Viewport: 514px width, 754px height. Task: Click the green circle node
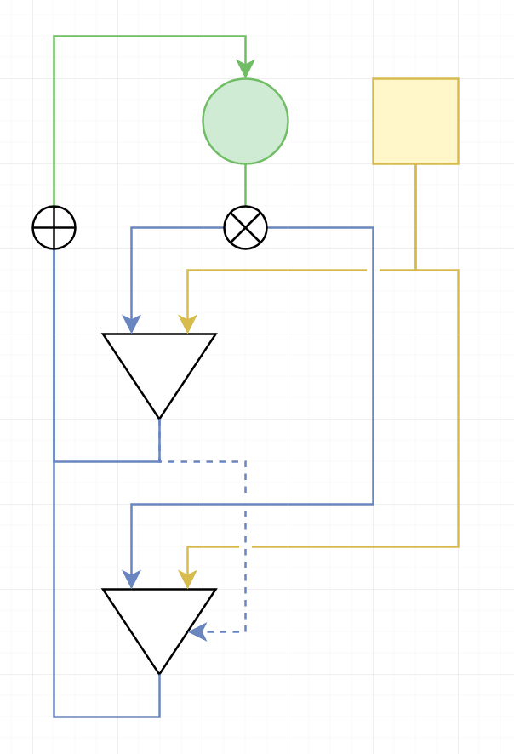tap(245, 121)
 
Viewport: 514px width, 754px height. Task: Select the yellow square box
tap(415, 121)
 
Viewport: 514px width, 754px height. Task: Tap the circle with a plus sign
tap(54, 228)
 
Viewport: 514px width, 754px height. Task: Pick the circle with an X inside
tap(245, 228)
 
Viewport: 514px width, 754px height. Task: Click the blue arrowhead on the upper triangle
tap(131, 324)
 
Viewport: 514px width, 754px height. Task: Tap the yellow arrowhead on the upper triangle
tap(187, 324)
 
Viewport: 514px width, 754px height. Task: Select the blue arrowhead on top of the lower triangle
tap(131, 580)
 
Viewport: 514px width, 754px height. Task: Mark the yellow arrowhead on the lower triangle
tap(187, 580)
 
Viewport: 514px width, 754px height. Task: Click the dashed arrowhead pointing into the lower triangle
tap(197, 631)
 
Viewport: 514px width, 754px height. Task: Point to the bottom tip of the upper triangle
tap(159, 417)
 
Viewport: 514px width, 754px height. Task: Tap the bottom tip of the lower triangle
tap(159, 672)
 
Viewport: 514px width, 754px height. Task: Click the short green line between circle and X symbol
tap(245, 185)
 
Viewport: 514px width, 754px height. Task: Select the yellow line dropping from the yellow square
tap(415, 216)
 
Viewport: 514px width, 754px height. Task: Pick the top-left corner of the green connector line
tap(54, 37)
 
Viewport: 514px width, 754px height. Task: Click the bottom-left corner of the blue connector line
tap(54, 716)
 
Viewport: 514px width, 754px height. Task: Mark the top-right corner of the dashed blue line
tap(245, 462)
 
